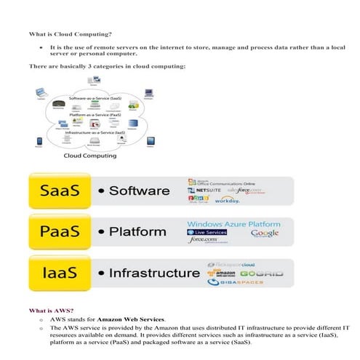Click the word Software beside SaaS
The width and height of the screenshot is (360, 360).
click(x=140, y=192)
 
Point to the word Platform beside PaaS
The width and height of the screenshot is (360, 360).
click(x=138, y=233)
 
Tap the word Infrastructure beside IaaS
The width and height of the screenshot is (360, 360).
click(x=153, y=273)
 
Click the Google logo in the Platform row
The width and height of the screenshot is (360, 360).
click(x=264, y=233)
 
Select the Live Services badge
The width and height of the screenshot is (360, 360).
click(x=207, y=233)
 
